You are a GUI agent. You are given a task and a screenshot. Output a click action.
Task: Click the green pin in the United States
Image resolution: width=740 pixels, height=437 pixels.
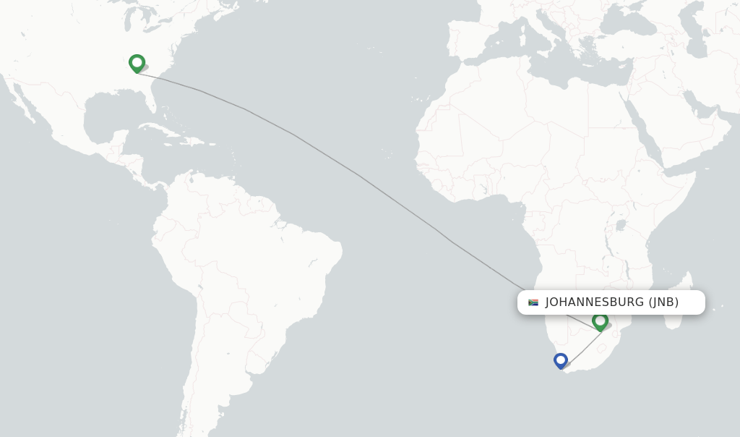pos(137,63)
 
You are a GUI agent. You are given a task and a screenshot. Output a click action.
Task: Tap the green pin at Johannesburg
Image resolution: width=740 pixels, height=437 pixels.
pos(600,321)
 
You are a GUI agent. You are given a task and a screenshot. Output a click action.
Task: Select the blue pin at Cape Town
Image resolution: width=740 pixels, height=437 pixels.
pos(560,360)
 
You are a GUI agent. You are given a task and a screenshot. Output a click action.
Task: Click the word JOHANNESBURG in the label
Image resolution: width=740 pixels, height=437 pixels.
pos(594,302)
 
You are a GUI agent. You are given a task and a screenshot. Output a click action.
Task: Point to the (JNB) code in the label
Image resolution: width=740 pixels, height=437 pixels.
pos(663,302)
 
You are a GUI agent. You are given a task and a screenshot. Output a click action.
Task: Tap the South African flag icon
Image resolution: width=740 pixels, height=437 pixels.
pos(533,302)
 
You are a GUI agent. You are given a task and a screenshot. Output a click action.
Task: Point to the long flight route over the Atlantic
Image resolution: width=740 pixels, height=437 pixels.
pos(361,176)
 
